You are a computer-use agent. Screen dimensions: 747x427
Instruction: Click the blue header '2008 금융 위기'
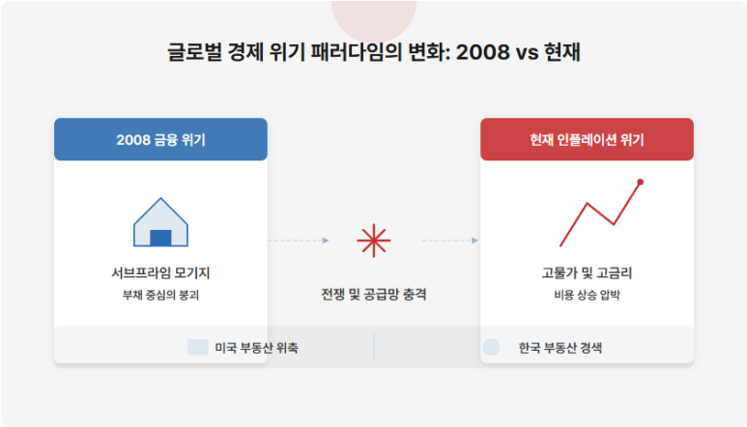160,139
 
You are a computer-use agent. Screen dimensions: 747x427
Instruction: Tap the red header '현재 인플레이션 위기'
587,139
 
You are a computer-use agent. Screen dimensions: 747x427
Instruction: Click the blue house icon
160,222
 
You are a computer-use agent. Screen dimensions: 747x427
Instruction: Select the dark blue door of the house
160,238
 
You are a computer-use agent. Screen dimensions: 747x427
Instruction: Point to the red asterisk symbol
373,241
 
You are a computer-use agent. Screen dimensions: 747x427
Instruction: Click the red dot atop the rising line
641,182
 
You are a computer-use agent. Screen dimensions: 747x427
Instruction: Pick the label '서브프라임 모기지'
160,272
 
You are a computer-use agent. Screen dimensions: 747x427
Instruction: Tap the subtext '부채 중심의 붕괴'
160,296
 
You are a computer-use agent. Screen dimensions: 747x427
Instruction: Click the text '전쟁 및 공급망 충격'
373,295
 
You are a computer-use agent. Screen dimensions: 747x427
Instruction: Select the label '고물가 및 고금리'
587,272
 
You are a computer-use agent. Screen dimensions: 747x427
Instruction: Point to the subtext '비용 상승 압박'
587,296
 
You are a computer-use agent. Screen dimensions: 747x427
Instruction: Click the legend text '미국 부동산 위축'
256,348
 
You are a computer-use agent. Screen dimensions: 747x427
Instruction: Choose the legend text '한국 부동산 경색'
560,348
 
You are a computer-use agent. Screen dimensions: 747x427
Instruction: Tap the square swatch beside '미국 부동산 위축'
198,347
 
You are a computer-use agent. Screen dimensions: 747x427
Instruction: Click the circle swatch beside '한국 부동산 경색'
491,347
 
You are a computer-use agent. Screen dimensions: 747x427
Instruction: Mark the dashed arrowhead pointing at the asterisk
326,241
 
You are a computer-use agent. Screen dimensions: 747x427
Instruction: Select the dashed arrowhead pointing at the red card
475,241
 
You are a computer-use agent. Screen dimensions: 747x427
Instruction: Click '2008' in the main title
482,52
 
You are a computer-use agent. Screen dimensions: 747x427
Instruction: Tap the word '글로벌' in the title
194,52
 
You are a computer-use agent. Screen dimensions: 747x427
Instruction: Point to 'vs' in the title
528,53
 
